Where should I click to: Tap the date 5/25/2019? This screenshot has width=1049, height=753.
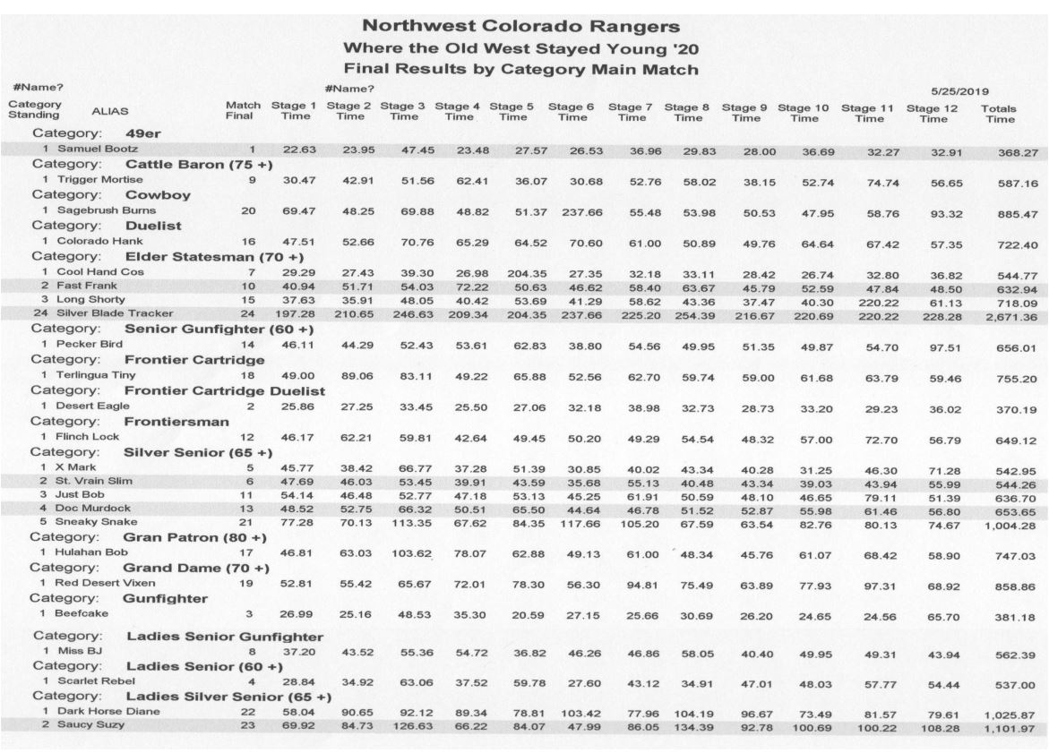pos(959,90)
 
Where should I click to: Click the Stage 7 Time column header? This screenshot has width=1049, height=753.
pos(632,112)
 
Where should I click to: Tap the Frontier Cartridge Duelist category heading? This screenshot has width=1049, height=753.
pos(224,390)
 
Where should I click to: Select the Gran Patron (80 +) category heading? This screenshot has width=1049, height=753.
pos(194,538)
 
